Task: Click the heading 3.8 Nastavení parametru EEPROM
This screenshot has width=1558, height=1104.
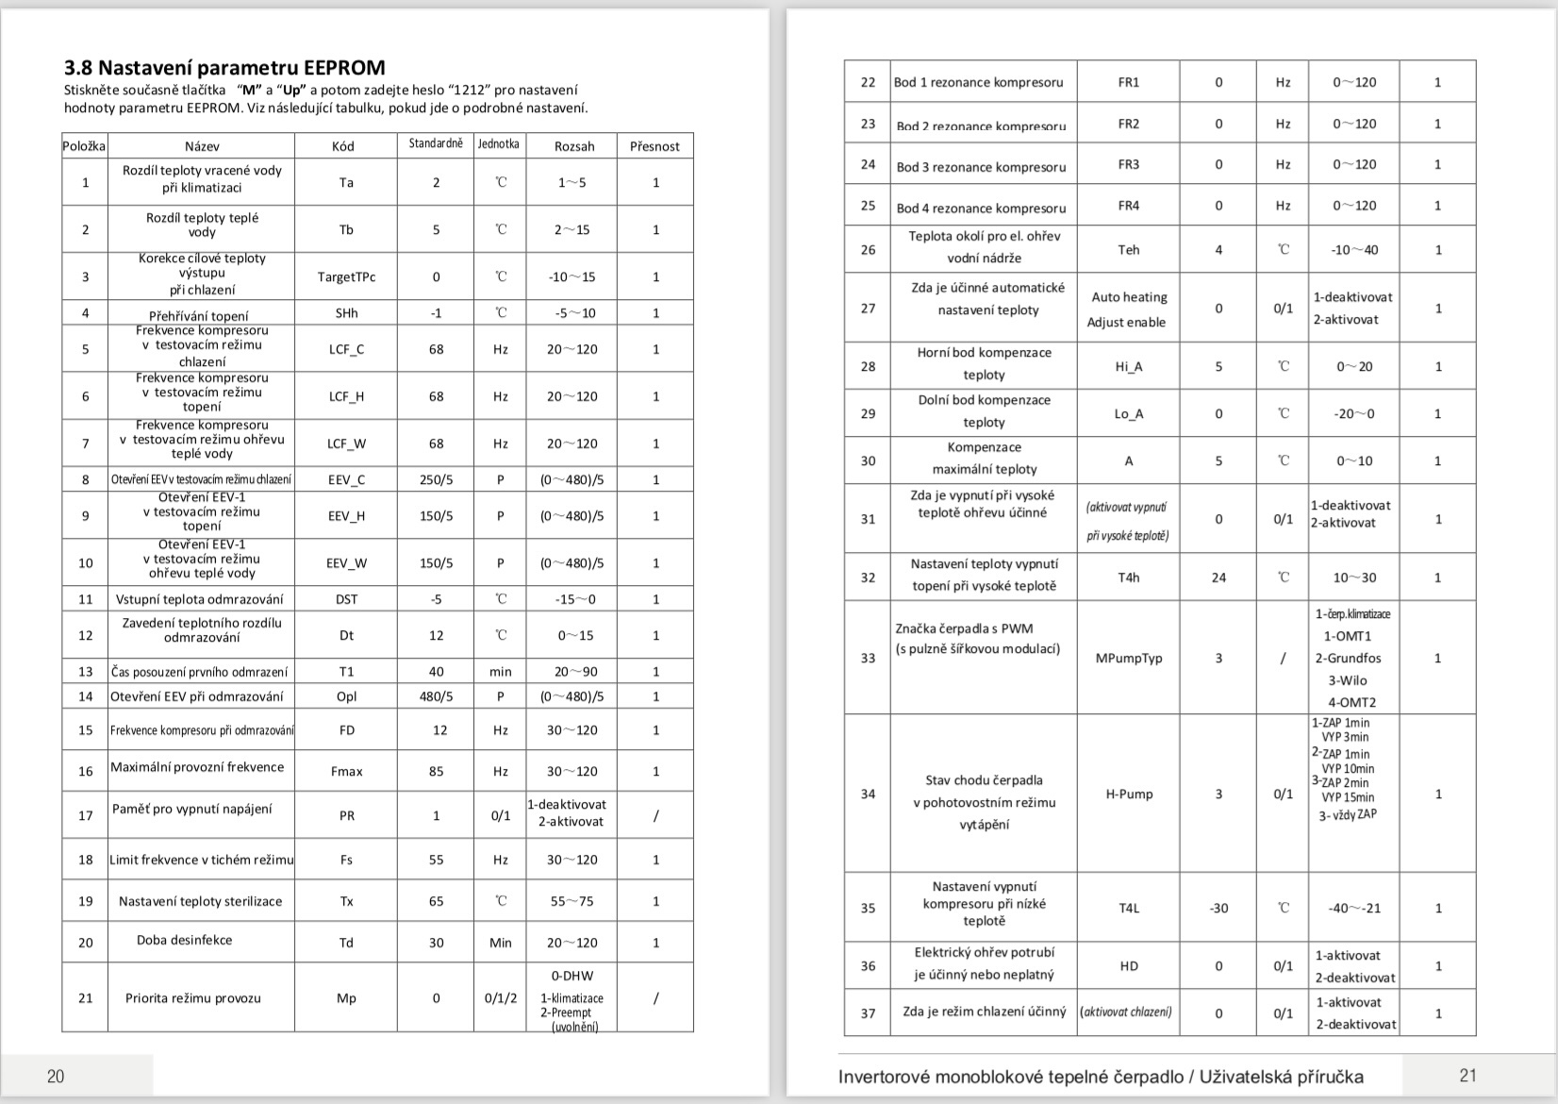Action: coord(224,68)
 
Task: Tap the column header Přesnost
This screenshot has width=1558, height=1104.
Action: coord(655,146)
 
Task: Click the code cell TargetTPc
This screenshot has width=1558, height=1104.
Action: coord(346,276)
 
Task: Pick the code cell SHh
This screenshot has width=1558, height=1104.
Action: coord(346,313)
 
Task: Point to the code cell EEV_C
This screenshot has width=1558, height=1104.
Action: coord(346,479)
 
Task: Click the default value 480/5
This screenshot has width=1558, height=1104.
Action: coord(436,696)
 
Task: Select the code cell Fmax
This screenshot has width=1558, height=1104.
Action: coord(346,771)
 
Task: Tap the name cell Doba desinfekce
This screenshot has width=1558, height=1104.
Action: coord(184,940)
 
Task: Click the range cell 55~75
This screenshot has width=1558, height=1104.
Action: coord(572,901)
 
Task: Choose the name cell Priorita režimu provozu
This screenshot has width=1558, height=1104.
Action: coord(193,997)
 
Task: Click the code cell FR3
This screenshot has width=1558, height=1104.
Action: coord(1128,164)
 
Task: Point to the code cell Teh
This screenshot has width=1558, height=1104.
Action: coord(1128,250)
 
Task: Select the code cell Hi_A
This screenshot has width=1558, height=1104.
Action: coord(1128,366)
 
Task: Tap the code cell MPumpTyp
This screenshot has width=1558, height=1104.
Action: coord(1128,658)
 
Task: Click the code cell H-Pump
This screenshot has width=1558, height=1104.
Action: coord(1129,794)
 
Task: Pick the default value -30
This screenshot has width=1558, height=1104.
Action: coord(1218,908)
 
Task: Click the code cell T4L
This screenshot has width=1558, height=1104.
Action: coord(1129,908)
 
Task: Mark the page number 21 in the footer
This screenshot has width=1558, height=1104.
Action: coord(1467,1075)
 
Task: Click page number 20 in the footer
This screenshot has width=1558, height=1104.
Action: coord(56,1076)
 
